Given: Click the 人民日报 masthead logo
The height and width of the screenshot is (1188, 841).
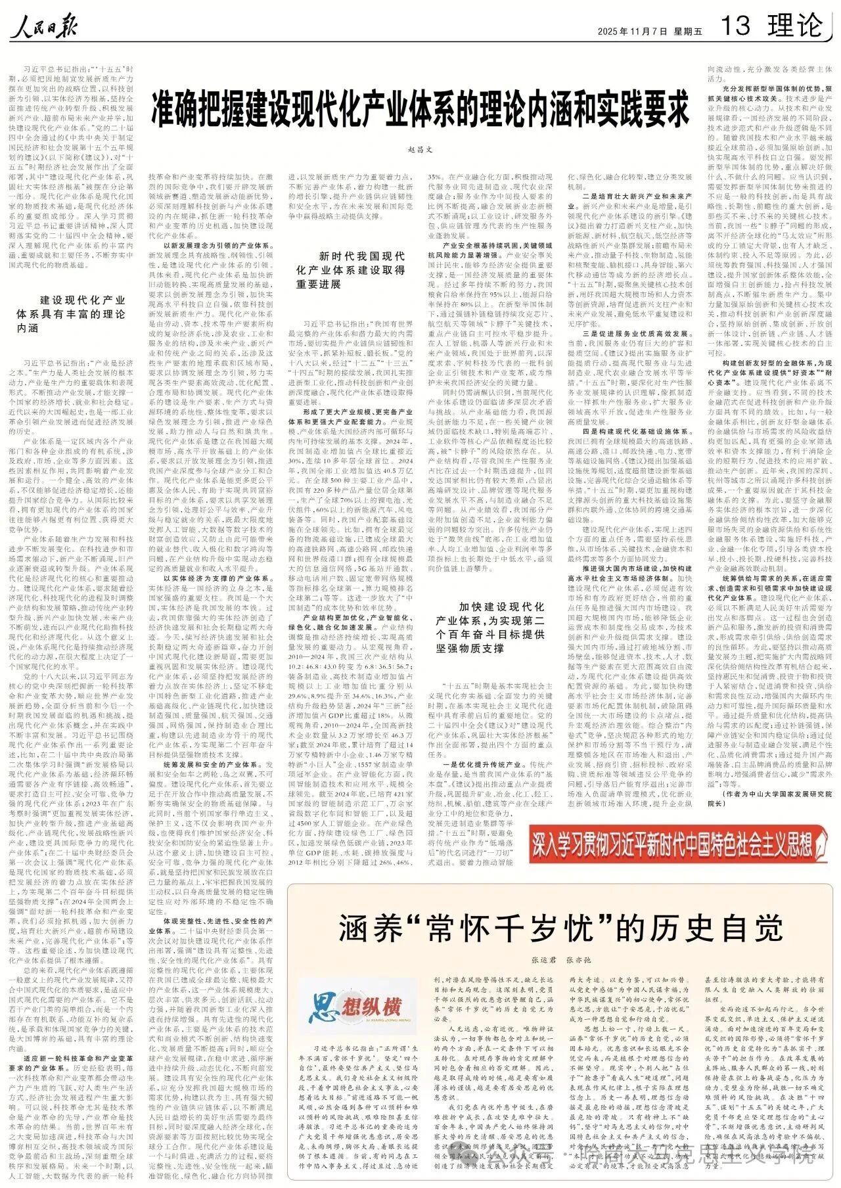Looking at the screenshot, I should [44, 27].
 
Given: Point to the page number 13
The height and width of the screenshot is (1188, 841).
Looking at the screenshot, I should [735, 27].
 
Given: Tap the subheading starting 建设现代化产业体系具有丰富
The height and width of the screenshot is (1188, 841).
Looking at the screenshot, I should [71, 313].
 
